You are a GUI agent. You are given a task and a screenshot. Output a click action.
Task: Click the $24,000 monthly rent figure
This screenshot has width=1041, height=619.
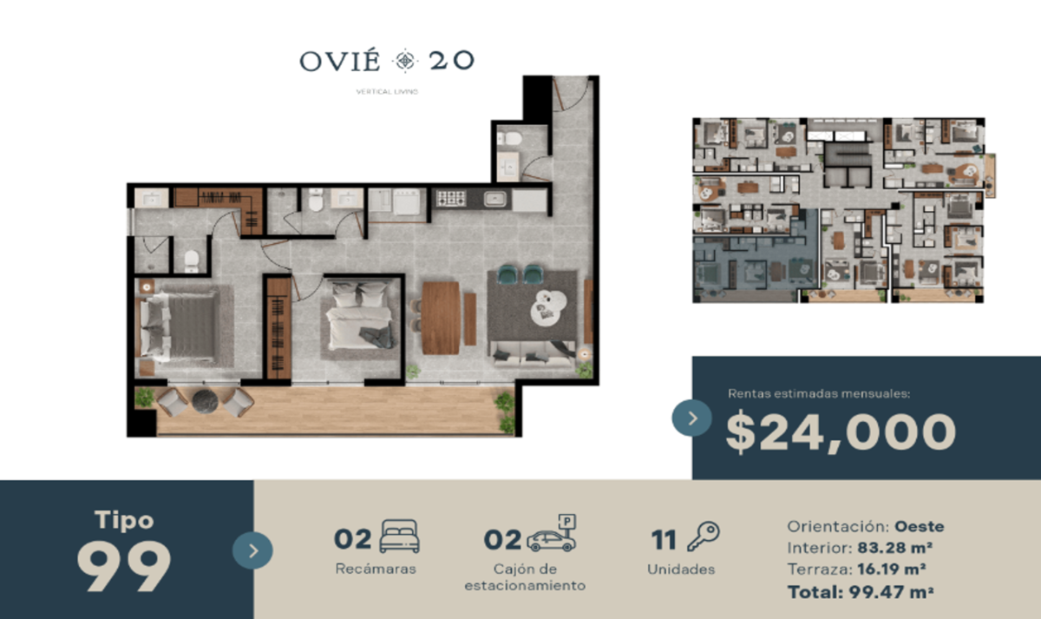[841, 432]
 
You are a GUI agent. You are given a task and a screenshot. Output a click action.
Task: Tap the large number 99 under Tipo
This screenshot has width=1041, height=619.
[124, 565]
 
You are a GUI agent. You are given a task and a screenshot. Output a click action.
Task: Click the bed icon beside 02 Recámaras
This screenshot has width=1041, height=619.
[399, 537]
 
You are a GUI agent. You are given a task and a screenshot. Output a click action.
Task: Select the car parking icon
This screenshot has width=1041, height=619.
[552, 533]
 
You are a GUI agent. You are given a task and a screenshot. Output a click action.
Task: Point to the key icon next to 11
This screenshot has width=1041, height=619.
[704, 537]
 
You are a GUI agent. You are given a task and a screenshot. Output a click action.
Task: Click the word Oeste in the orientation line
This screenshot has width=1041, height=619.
[920, 526]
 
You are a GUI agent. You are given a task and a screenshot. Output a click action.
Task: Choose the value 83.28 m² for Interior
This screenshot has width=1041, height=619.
[894, 548]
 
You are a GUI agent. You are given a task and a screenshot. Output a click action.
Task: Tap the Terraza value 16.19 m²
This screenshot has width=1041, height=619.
[892, 570]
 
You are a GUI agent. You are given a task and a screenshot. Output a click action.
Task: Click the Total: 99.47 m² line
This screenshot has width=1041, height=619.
[861, 592]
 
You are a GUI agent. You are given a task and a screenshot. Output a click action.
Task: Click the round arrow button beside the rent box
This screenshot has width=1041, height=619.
[691, 418]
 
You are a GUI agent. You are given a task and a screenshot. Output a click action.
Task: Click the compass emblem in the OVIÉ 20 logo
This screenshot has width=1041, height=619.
[405, 61]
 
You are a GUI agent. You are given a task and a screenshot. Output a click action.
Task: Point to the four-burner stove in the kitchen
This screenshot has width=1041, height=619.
[450, 199]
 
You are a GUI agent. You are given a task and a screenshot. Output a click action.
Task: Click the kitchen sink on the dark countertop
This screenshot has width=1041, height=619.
[495, 199]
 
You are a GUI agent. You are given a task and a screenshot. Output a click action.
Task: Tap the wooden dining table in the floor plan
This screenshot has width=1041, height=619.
[441, 318]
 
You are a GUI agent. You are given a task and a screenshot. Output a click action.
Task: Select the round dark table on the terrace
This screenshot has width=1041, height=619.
[205, 401]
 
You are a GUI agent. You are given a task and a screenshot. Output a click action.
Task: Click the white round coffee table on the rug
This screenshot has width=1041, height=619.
[548, 307]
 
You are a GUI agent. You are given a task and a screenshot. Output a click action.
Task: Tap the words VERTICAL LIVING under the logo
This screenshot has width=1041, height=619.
[387, 92]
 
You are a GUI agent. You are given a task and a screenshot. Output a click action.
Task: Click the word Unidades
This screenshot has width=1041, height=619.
[681, 570]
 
